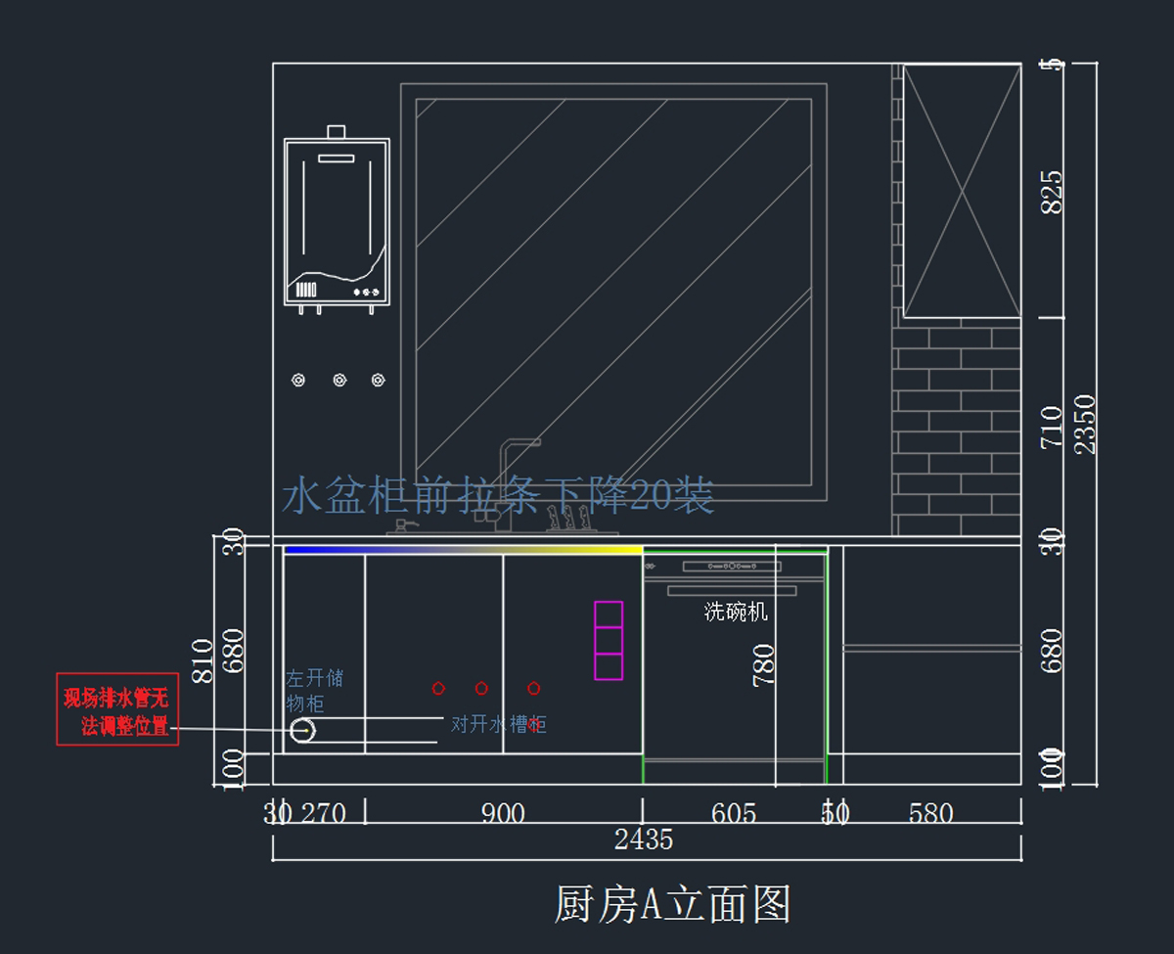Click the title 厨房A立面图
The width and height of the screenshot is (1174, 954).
tap(672, 905)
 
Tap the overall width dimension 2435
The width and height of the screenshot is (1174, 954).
tap(643, 840)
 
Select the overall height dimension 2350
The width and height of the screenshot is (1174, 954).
tap(1085, 424)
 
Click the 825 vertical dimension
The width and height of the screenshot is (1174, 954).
tap(1052, 192)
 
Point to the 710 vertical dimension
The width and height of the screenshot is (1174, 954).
tap(1052, 428)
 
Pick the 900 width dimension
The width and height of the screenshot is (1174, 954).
tap(503, 813)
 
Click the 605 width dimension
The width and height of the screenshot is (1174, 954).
tap(733, 813)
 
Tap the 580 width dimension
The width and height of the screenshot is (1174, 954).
tap(930, 813)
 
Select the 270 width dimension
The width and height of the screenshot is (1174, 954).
tap(322, 813)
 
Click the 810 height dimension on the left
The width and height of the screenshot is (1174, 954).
tap(203, 660)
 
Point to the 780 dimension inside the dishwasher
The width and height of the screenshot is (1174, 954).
tap(763, 664)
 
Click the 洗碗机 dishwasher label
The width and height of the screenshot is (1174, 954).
tap(736, 613)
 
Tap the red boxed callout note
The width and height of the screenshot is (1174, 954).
tap(117, 709)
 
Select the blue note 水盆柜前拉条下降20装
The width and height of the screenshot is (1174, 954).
tap(498, 496)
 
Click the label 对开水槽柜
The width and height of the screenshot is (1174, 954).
tap(498, 724)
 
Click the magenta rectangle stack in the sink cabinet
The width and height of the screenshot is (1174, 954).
tap(609, 640)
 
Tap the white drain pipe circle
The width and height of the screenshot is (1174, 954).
tap(303, 730)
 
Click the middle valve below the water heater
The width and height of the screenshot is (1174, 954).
tap(339, 380)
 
